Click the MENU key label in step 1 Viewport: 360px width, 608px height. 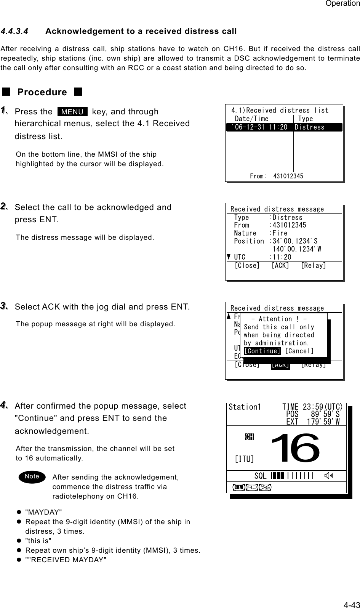(x=72, y=112)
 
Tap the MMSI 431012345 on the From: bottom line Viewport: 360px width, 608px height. (x=288, y=176)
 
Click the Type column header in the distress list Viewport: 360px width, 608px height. (x=306, y=119)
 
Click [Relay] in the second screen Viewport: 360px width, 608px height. (x=313, y=265)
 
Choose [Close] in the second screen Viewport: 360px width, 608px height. (x=247, y=265)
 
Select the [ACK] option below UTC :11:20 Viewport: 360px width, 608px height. (x=280, y=265)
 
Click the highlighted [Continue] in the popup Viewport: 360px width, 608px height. (x=262, y=351)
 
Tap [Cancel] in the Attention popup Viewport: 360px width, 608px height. (x=299, y=351)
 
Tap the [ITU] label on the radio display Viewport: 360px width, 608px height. (x=245, y=459)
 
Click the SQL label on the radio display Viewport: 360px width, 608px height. (x=260, y=476)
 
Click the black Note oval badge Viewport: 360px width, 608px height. (x=32, y=476)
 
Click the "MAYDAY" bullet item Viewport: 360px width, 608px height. (x=43, y=512)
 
